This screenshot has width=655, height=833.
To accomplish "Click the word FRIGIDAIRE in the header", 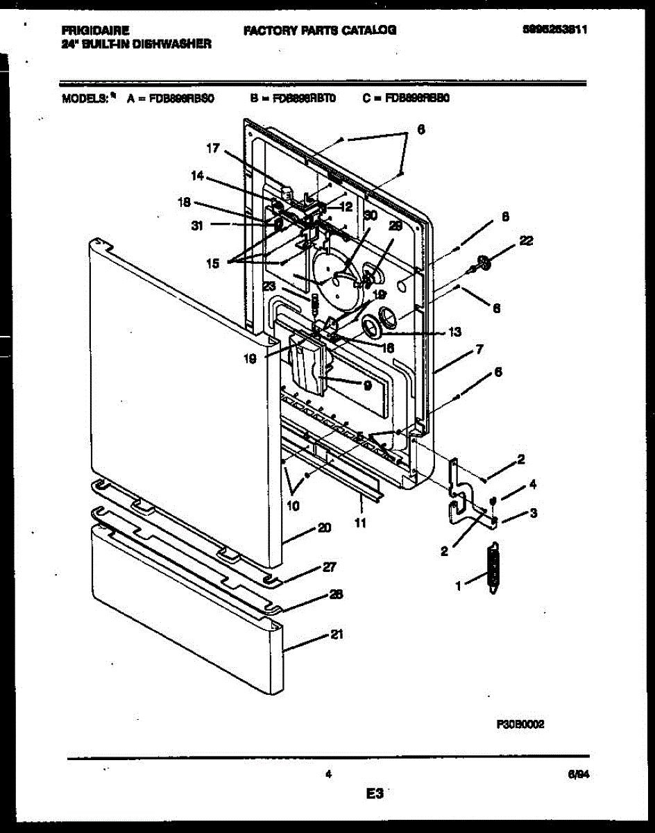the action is (x=95, y=30).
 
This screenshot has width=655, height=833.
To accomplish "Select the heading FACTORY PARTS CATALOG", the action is (x=320, y=30).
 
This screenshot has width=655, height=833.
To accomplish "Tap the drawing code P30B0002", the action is (x=520, y=723).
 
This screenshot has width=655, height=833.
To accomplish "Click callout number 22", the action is (x=526, y=240).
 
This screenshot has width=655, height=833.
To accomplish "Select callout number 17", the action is (x=212, y=148).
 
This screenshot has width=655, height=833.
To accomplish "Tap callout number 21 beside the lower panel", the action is (x=337, y=634).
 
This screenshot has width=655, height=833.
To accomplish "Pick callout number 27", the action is (x=329, y=567).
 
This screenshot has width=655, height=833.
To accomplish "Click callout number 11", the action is (x=359, y=523).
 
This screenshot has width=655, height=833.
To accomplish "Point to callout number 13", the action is (x=454, y=332).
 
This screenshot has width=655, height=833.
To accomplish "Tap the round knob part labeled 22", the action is (x=485, y=263).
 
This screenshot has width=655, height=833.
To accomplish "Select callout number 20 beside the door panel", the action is (x=323, y=528).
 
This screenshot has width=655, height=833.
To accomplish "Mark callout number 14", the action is (x=198, y=176).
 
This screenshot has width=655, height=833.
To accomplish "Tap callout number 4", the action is (x=533, y=484).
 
